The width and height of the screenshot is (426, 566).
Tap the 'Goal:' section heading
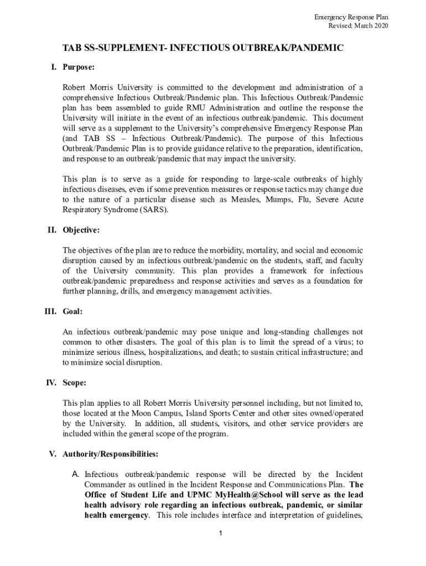(73, 312)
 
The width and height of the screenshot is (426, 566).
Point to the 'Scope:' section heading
(75, 382)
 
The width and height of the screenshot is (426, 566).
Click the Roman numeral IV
(51, 382)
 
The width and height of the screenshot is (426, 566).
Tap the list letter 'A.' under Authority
(76, 474)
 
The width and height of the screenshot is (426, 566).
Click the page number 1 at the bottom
(220, 533)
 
